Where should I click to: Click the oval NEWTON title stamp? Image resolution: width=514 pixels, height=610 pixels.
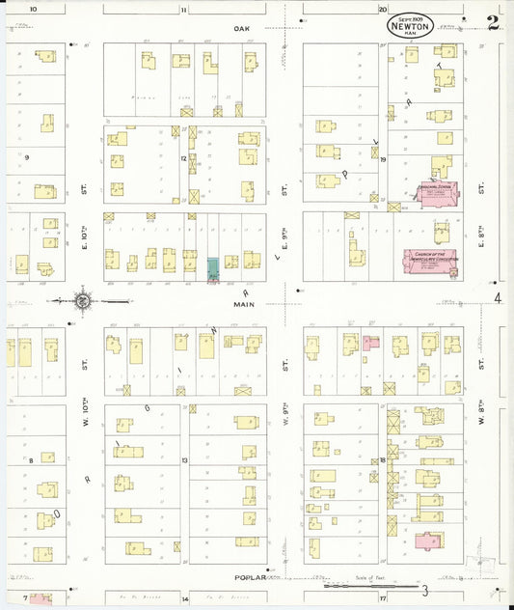[411, 26]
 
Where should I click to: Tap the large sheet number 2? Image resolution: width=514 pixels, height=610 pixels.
[493, 23]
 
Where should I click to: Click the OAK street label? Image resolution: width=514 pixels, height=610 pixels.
[241, 29]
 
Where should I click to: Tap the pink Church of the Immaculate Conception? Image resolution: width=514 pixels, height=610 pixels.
[430, 262]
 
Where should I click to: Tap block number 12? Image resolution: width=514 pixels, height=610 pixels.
[182, 157]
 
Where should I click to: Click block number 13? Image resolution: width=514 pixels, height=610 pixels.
[182, 460]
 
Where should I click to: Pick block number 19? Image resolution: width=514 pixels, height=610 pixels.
[383, 159]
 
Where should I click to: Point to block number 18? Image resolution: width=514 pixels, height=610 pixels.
[383, 460]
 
